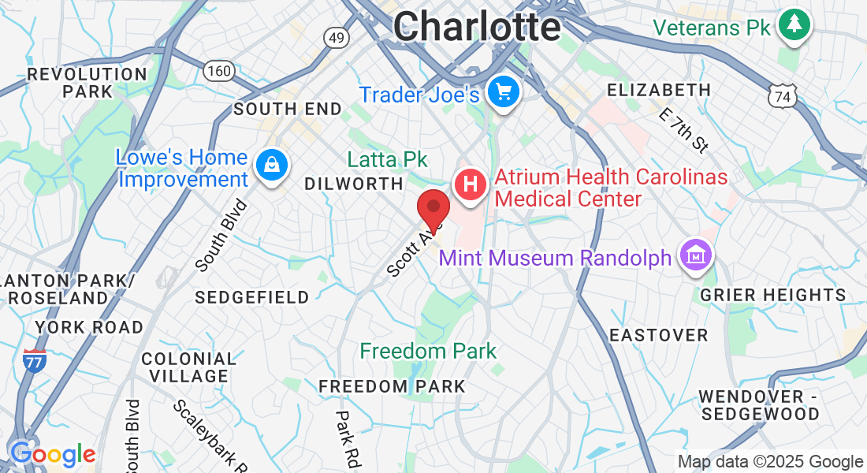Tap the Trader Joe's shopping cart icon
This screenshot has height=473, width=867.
pos(502,93)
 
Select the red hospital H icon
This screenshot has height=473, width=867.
pos(470,186)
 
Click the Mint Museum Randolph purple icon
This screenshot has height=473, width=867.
pos(697,255)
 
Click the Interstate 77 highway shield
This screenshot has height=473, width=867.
pos(34,359)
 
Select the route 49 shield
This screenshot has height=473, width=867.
pos(336,37)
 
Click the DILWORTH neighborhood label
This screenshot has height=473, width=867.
pos(354,184)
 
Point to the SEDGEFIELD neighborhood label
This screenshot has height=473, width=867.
pos(252,297)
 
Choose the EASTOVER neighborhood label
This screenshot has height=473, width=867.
pos(659,335)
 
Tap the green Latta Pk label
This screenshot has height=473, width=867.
pos(387,159)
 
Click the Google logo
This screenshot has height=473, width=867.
pos(53,455)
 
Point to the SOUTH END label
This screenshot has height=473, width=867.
pos(288,110)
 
